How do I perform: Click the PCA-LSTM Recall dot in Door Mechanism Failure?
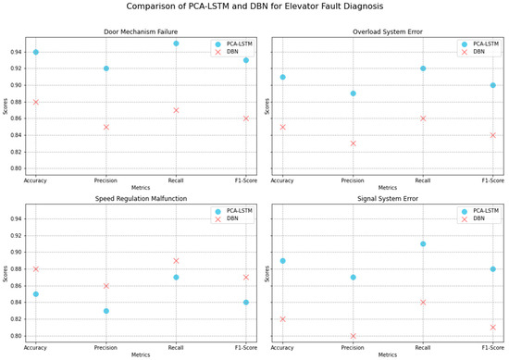click(176, 43)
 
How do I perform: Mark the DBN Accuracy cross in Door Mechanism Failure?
click(36, 102)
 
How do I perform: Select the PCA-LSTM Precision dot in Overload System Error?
click(353, 93)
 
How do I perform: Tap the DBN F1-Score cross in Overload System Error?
click(492, 135)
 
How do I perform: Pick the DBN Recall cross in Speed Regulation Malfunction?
click(176, 261)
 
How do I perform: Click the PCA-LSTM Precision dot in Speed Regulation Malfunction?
click(106, 311)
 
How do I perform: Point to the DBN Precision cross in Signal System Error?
click(353, 336)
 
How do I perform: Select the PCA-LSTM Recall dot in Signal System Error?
click(423, 244)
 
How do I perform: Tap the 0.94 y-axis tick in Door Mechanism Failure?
click(18, 52)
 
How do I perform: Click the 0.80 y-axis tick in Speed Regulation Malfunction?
click(18, 336)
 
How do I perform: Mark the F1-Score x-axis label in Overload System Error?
click(492, 181)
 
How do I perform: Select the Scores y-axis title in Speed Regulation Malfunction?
click(6, 276)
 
